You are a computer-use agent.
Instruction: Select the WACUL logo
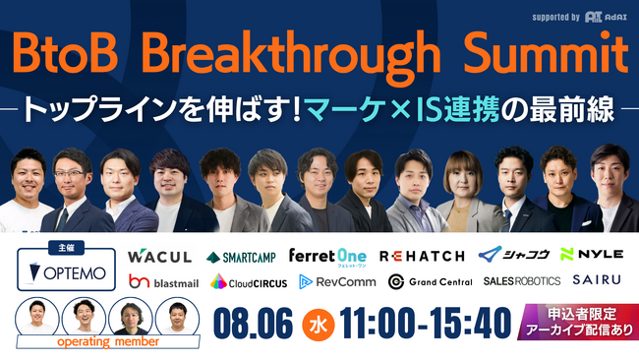[x=159, y=257]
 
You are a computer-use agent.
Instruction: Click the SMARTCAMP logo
[x=242, y=257]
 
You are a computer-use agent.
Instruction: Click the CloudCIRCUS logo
[x=248, y=282]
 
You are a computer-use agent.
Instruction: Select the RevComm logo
[x=334, y=282]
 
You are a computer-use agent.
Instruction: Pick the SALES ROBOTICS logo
[x=521, y=281]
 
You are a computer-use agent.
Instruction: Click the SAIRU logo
[x=597, y=281]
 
